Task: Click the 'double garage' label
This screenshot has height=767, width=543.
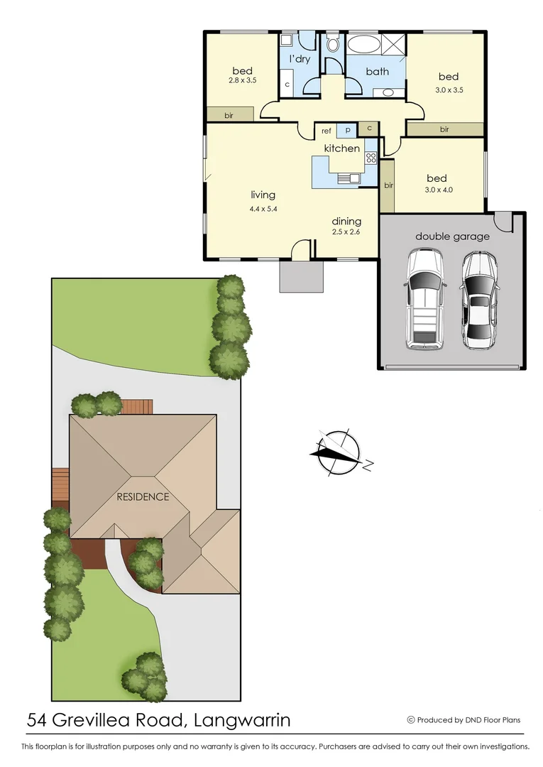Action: (x=452, y=236)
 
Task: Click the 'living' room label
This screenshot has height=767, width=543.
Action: (x=263, y=195)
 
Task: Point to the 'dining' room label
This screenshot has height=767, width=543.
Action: (x=346, y=221)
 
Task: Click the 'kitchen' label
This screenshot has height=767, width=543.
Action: (x=342, y=148)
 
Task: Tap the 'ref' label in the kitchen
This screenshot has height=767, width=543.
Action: (x=327, y=131)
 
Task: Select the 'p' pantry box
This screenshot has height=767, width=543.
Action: (x=347, y=131)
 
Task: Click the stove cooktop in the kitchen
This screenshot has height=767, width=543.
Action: (x=371, y=158)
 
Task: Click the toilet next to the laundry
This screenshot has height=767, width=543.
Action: (x=333, y=45)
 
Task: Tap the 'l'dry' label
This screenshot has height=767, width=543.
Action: (x=299, y=59)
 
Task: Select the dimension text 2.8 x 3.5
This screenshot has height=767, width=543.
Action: (x=242, y=81)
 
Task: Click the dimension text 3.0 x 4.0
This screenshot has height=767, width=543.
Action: (x=438, y=190)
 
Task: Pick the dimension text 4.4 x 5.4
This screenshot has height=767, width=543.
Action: (x=263, y=209)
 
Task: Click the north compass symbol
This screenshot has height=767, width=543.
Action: (x=339, y=452)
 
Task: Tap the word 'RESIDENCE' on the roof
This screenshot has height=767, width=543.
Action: (x=143, y=497)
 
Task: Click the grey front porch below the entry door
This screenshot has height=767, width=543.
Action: (x=302, y=277)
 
